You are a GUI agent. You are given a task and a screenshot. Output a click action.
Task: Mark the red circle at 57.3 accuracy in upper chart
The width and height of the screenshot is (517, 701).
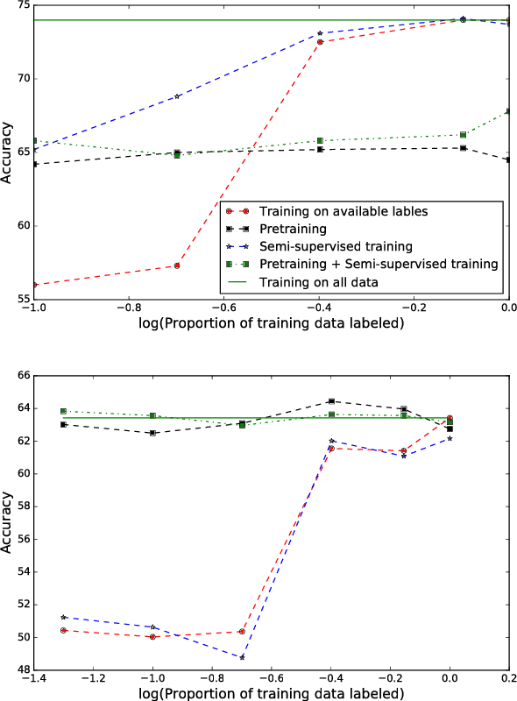(x=177, y=266)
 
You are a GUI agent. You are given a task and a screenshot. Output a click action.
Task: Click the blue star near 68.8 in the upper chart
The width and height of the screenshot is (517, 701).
(x=177, y=96)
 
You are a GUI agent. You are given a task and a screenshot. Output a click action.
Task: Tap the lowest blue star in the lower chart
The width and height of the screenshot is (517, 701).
(x=242, y=657)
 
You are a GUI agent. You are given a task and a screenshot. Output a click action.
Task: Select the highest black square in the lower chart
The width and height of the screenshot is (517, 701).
(x=331, y=401)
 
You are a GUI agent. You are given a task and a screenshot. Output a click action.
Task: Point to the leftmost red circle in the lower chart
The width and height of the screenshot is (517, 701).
(x=63, y=630)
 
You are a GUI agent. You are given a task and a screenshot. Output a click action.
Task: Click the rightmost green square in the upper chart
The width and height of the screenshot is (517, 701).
(x=509, y=111)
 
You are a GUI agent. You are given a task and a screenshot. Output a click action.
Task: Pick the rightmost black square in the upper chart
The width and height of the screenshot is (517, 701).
(x=509, y=159)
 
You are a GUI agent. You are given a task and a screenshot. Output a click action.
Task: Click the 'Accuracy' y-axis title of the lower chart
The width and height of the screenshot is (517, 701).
(x=8, y=522)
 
